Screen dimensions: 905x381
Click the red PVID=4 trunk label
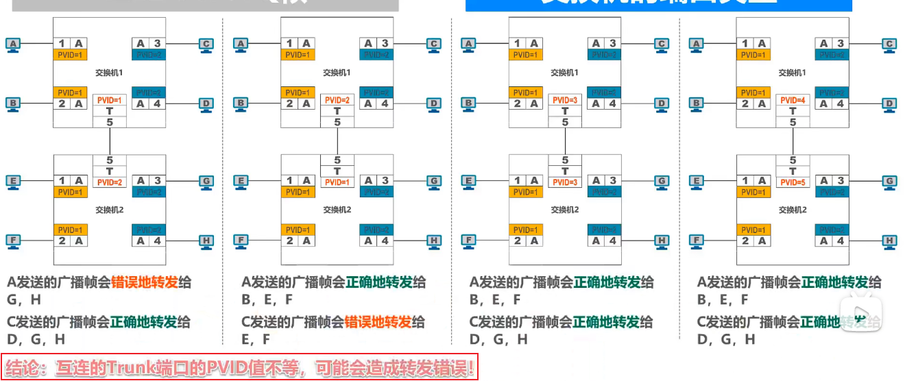(x=793, y=100)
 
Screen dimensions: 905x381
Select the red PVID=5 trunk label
(x=793, y=182)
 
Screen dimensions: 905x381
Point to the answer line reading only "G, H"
(x=25, y=299)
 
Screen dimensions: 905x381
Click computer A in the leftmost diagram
(x=13, y=45)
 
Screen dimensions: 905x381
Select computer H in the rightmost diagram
(x=889, y=241)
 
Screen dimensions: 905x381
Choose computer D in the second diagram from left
(x=434, y=104)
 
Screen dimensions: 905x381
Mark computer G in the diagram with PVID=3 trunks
(x=662, y=182)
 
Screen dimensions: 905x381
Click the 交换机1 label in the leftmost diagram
(x=109, y=72)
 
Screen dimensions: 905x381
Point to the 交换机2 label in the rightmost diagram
(x=792, y=210)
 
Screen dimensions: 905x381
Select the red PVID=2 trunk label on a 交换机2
(x=110, y=182)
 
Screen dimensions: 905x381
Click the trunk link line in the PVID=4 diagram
(x=793, y=141)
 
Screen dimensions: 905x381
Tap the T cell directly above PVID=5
(x=793, y=171)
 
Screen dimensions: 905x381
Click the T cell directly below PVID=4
(x=793, y=111)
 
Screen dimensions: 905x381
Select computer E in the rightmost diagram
(x=697, y=182)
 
